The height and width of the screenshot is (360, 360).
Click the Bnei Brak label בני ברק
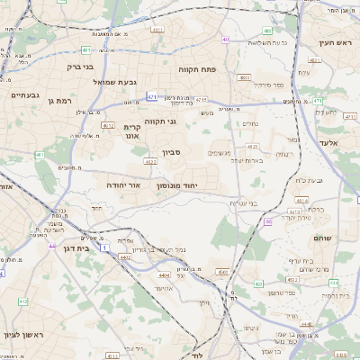(80, 66)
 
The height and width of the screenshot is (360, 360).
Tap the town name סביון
(172, 152)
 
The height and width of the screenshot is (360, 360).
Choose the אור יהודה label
(123, 184)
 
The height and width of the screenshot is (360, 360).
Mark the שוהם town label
(321, 238)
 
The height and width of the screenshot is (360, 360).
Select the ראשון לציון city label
(23, 334)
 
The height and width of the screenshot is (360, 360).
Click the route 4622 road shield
(150, 162)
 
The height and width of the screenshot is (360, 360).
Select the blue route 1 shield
(104, 247)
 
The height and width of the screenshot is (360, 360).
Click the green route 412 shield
(23, 301)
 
